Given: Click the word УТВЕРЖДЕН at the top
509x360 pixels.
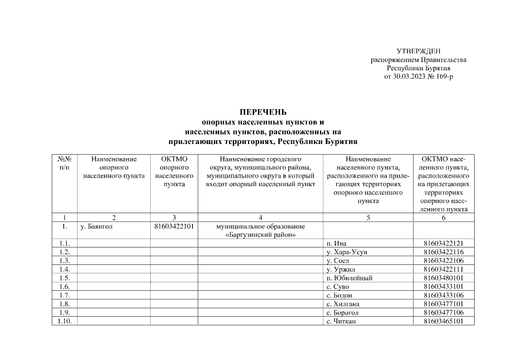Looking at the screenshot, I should coord(418,52).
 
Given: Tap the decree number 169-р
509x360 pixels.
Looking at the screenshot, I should coord(440,75).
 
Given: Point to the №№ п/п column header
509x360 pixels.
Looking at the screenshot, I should coord(65,163).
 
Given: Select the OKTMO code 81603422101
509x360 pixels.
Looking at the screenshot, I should coord(174,227).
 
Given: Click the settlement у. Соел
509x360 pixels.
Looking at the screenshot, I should coord(337,260).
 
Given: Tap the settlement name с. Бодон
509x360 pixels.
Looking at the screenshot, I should coord(339,295).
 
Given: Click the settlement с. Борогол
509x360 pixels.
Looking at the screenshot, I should coord(343,313).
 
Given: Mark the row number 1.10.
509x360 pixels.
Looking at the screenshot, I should coord(65,321).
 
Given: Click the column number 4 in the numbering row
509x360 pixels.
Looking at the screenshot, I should coord(260,217).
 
